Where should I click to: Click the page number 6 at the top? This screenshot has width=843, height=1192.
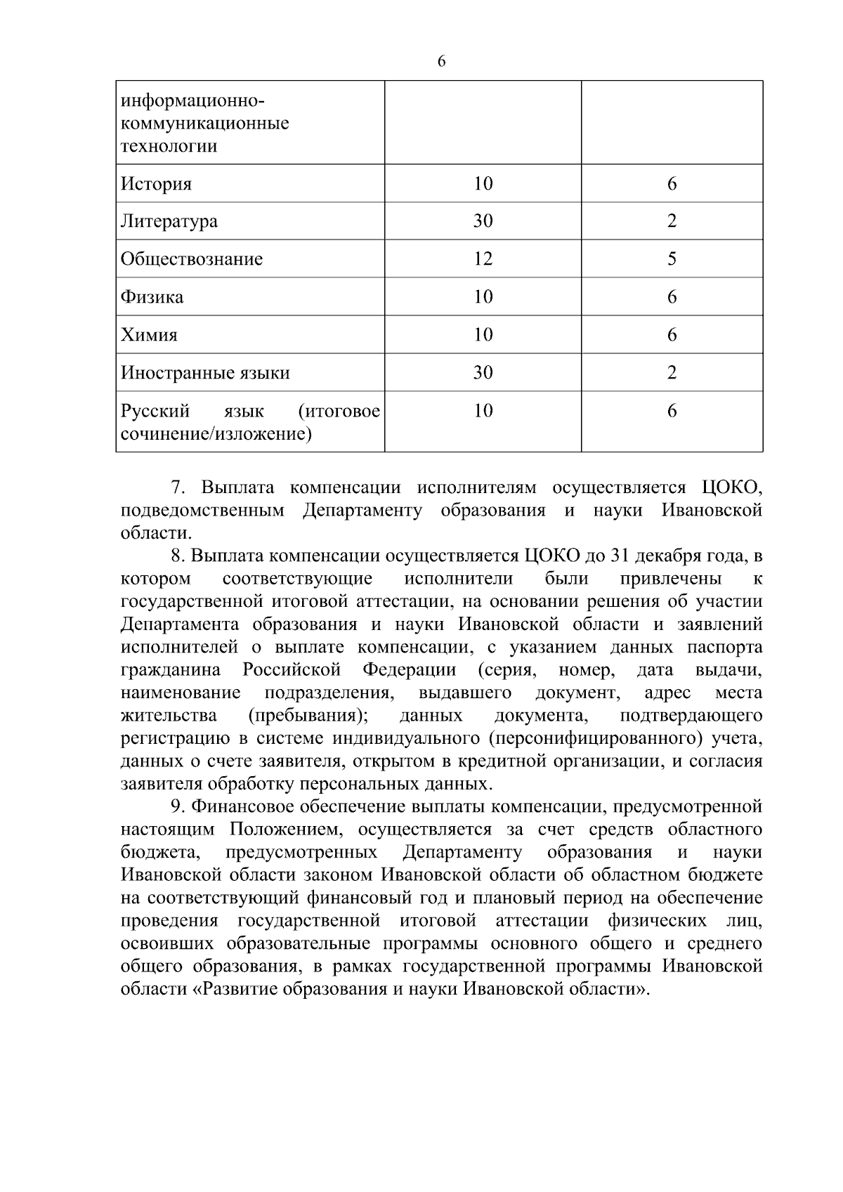pos(441,62)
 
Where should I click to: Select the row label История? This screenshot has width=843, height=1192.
pos(156,185)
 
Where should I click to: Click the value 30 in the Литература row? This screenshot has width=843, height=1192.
pos(483,221)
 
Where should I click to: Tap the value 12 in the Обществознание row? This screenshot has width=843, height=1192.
pos(483,259)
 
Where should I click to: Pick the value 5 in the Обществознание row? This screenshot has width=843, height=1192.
pos(672,259)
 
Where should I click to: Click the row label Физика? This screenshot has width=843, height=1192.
pos(152,297)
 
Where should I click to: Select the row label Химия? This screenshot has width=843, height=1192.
pos(149,335)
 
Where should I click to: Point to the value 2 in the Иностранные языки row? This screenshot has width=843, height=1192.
pos(672,373)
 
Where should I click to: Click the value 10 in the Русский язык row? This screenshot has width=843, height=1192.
pos(483,411)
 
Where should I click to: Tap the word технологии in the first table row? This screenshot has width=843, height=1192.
pos(169,147)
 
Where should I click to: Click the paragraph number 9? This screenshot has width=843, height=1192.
pos(178,807)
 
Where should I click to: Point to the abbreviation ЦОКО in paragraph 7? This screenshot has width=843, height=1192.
pos(731,487)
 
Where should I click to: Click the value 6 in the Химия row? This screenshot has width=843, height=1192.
pos(672,335)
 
